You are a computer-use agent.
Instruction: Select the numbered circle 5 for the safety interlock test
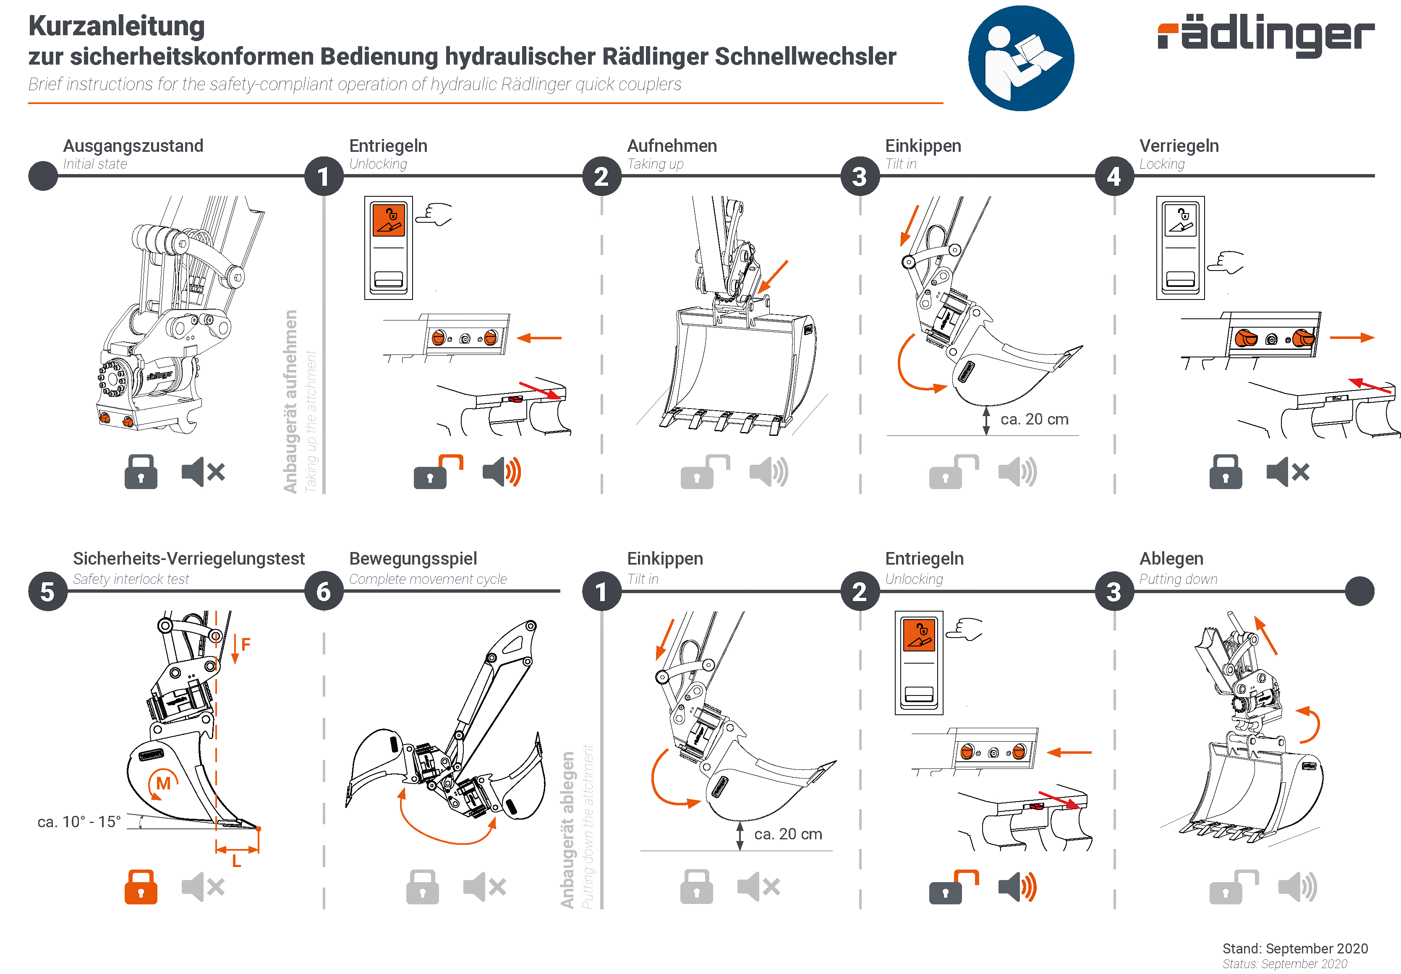click(x=47, y=591)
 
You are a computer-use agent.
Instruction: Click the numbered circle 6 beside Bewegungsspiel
click(x=324, y=591)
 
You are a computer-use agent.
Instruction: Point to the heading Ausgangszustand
click(x=133, y=146)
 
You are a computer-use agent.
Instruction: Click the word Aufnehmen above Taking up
click(x=672, y=146)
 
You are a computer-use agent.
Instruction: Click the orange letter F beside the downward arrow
click(x=246, y=644)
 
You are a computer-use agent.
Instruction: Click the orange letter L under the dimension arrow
click(x=237, y=862)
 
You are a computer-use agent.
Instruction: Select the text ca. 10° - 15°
click(x=79, y=822)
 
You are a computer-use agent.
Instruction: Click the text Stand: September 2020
click(x=1295, y=948)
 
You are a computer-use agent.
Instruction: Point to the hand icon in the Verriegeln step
click(x=1226, y=262)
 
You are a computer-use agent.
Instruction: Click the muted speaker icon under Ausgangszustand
click(x=203, y=471)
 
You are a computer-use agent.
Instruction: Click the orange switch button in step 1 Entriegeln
click(x=389, y=220)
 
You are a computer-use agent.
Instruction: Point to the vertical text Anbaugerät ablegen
click(x=567, y=829)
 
